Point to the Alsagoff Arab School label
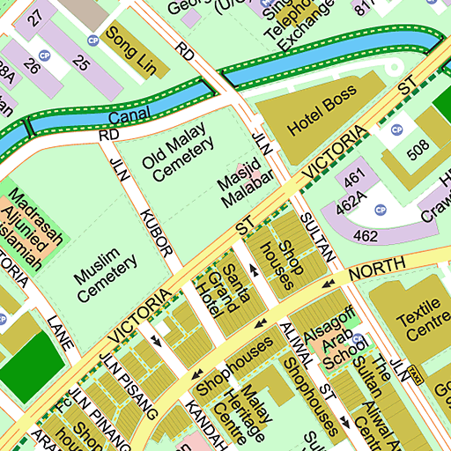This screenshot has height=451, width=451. pos(338,334)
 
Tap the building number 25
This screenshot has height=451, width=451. pos(81,63)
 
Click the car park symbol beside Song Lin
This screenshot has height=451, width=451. pos(92,41)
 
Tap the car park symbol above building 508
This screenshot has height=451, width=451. pos(396,130)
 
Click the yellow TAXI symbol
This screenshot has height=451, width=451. pos(412,375)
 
